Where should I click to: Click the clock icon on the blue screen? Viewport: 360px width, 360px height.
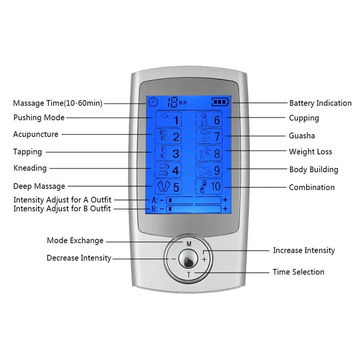[x=153, y=102]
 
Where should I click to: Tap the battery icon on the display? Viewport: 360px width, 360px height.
[x=220, y=102]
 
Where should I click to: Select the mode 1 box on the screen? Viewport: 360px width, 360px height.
[x=168, y=120]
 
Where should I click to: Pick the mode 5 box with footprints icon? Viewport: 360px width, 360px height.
[x=168, y=186]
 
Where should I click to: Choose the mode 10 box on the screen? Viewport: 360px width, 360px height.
[x=209, y=186]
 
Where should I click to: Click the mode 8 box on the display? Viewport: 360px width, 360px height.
[x=209, y=153]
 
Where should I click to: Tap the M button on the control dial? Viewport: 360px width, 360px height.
[x=189, y=244]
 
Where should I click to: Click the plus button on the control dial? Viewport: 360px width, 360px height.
[x=204, y=260]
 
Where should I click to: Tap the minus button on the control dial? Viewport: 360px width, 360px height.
[x=174, y=259]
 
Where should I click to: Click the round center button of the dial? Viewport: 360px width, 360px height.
[x=188, y=259]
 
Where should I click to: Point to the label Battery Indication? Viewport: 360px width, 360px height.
[x=320, y=103]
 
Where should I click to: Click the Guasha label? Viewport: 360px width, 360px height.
[x=302, y=136]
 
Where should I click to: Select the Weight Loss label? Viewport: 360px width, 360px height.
[x=310, y=152]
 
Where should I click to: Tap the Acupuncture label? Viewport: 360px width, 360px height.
[x=36, y=134]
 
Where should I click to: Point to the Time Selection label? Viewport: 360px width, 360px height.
[x=298, y=272]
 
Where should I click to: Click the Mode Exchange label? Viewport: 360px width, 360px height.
[x=75, y=240]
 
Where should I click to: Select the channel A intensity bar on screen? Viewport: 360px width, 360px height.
[x=194, y=200]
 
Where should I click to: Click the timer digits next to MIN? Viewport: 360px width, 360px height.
[x=172, y=102]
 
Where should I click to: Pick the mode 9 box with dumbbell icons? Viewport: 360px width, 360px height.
[x=209, y=170]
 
